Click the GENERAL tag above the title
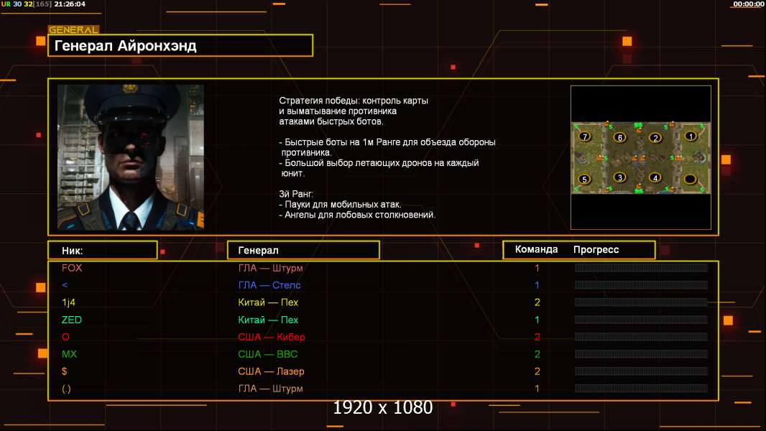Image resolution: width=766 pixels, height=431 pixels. [73, 29]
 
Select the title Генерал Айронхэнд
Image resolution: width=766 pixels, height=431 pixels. [125, 46]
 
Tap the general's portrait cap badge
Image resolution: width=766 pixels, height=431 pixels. [129, 89]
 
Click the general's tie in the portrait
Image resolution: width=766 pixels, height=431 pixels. [130, 221]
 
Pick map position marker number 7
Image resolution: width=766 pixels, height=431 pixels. [584, 136]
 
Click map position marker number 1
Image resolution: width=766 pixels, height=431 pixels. [691, 136]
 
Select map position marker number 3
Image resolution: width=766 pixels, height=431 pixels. [619, 177]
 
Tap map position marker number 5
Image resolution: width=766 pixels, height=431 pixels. [584, 179]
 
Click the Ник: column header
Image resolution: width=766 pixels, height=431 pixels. [73, 251]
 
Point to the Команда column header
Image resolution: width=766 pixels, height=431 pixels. [536, 249]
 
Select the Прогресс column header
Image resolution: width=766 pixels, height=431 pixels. [596, 250]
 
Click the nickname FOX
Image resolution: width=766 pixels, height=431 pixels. [72, 268]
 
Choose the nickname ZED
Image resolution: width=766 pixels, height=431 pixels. [72, 320]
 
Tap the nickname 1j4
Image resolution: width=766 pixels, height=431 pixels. [68, 302]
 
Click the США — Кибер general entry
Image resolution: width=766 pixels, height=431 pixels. [271, 337]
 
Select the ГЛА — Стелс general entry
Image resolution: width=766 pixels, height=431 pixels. [269, 285]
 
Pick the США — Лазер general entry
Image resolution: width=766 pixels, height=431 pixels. [271, 371]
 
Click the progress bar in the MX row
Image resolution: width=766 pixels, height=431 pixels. [641, 354]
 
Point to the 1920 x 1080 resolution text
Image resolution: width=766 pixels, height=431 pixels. [383, 407]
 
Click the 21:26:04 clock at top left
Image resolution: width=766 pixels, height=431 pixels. [70, 4]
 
